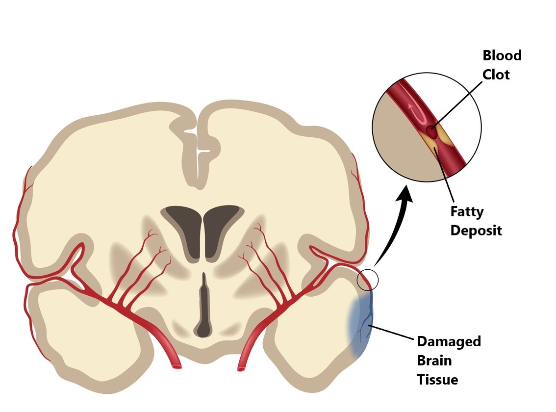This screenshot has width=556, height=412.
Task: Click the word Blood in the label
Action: [x=502, y=55]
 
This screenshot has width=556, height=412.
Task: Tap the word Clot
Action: [x=496, y=75]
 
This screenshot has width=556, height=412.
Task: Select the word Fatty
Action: [x=467, y=212]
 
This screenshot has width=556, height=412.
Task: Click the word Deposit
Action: [x=476, y=231]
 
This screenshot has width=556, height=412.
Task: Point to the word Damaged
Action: [x=449, y=341]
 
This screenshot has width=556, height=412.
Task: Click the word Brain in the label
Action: [x=434, y=360]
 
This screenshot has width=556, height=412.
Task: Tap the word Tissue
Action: [x=437, y=380]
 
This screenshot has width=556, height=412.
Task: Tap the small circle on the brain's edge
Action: [x=368, y=280]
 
